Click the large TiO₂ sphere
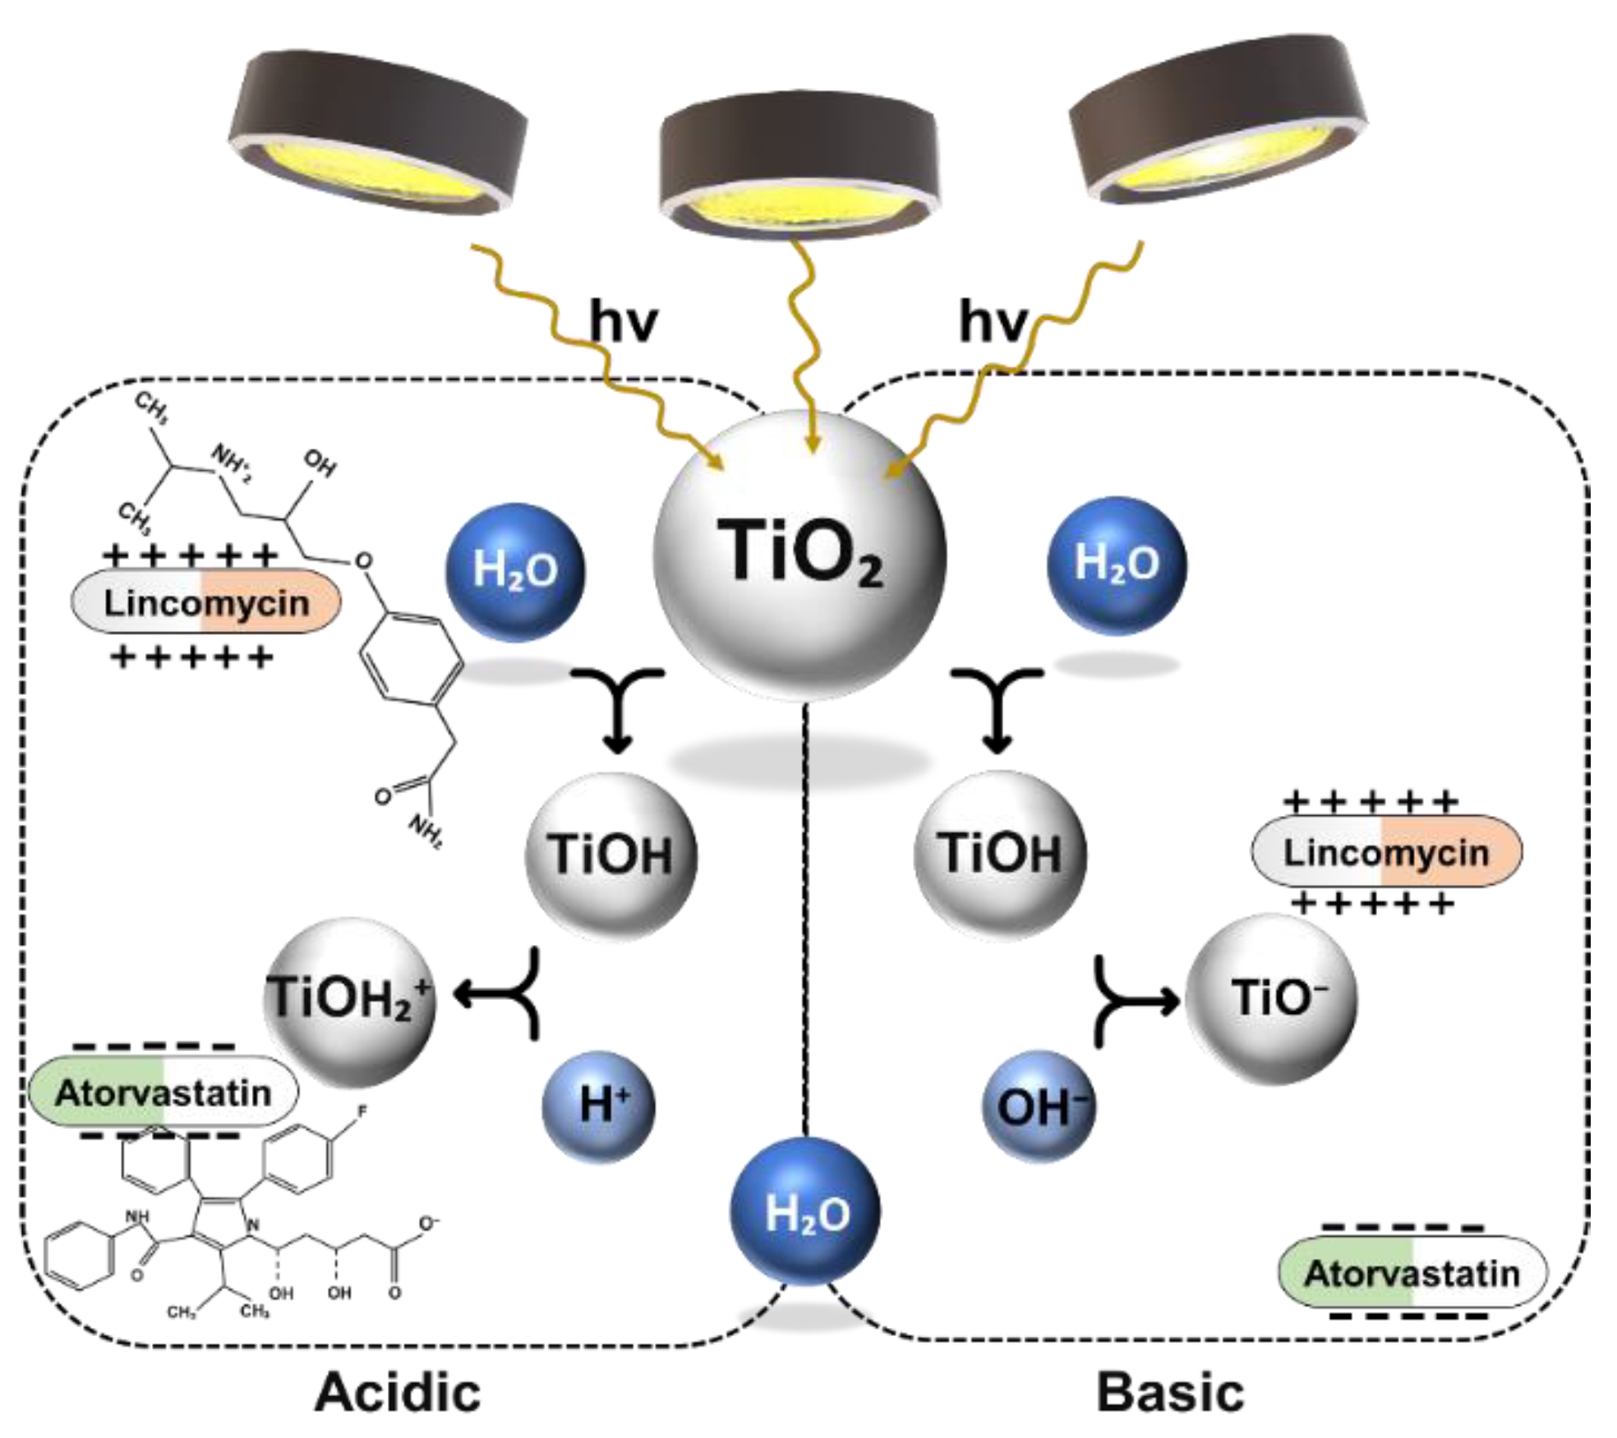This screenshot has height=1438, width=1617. (799, 556)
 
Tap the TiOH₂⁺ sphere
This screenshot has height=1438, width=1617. (349, 1001)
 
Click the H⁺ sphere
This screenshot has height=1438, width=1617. (599, 1105)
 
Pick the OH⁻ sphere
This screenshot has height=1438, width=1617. (1039, 1105)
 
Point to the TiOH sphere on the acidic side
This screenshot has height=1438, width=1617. (610, 855)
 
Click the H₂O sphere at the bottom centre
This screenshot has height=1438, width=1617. (805, 1212)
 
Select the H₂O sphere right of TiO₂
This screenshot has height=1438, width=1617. (1116, 565)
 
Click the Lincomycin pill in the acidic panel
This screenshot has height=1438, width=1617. (206, 603)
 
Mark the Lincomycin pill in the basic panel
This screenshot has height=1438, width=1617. (1386, 852)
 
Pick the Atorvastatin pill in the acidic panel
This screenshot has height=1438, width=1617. (163, 1093)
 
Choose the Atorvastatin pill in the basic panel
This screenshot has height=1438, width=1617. (1412, 1273)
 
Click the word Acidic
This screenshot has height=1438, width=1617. (398, 1392)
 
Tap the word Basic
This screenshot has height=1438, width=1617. (1170, 1393)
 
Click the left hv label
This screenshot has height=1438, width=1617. (624, 321)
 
